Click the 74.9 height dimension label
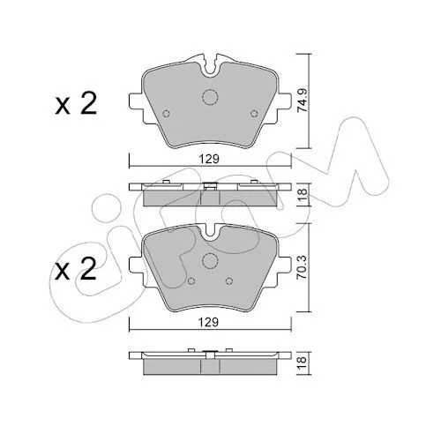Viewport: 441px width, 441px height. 303,101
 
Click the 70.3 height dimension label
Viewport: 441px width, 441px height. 303,267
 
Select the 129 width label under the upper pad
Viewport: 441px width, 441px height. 209,159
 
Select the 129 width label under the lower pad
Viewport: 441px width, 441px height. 209,322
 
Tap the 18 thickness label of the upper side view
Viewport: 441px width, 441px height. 303,194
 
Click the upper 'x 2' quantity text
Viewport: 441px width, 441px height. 76,104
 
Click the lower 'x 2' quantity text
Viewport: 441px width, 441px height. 76,269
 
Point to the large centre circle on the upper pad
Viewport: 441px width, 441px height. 210,97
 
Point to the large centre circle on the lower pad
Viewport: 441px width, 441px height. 210,260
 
